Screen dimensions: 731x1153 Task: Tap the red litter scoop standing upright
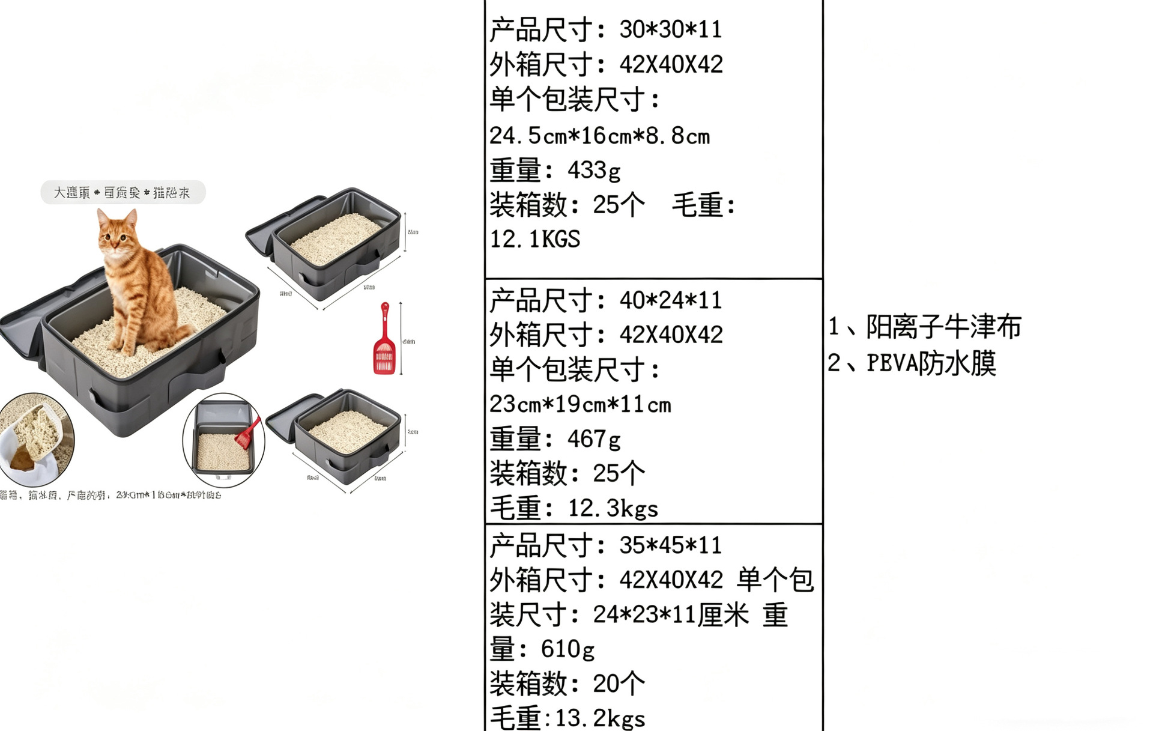click(x=384, y=340)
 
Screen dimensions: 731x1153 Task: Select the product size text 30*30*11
click(x=670, y=29)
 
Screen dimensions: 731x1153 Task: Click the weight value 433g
click(x=594, y=171)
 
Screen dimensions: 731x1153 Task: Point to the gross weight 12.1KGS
click(x=535, y=239)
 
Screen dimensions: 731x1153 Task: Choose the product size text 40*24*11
click(x=670, y=300)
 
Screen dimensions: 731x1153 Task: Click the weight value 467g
click(x=594, y=439)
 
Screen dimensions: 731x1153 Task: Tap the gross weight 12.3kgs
click(x=613, y=509)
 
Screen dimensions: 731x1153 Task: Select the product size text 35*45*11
click(x=670, y=545)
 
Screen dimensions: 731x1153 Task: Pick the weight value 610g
click(x=567, y=649)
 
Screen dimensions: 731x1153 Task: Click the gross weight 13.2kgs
click(x=600, y=718)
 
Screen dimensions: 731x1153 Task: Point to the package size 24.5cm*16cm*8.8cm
click(x=599, y=136)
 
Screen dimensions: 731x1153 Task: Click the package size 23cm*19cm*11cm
click(x=580, y=405)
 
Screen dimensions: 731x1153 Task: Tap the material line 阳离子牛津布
click(x=943, y=327)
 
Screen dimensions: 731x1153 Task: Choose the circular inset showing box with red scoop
click(x=223, y=440)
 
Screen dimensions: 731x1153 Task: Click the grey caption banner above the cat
click(x=123, y=193)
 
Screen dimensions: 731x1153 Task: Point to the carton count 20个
click(x=619, y=684)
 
